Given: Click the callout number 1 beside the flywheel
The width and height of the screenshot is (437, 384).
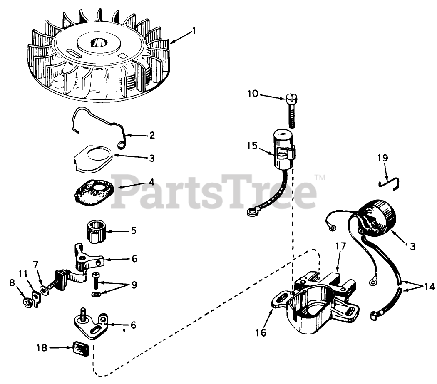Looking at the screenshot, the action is [193, 31].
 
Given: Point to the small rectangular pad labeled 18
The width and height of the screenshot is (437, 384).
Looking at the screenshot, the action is [81, 349].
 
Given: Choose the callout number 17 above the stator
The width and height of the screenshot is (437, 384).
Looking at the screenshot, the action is [340, 246].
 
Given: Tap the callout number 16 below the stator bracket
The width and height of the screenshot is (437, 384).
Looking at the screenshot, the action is [261, 332].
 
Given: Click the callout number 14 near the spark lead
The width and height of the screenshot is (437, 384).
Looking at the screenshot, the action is [429, 286].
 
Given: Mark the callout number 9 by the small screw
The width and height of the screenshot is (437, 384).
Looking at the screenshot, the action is [134, 285].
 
